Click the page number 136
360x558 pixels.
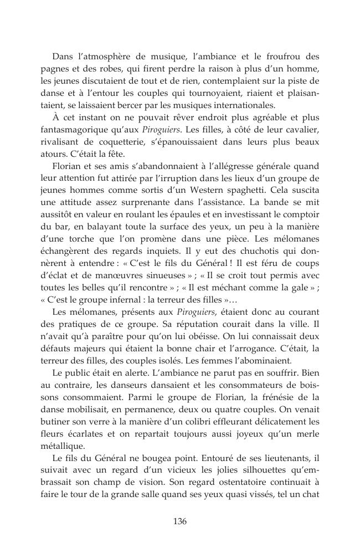179,521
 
